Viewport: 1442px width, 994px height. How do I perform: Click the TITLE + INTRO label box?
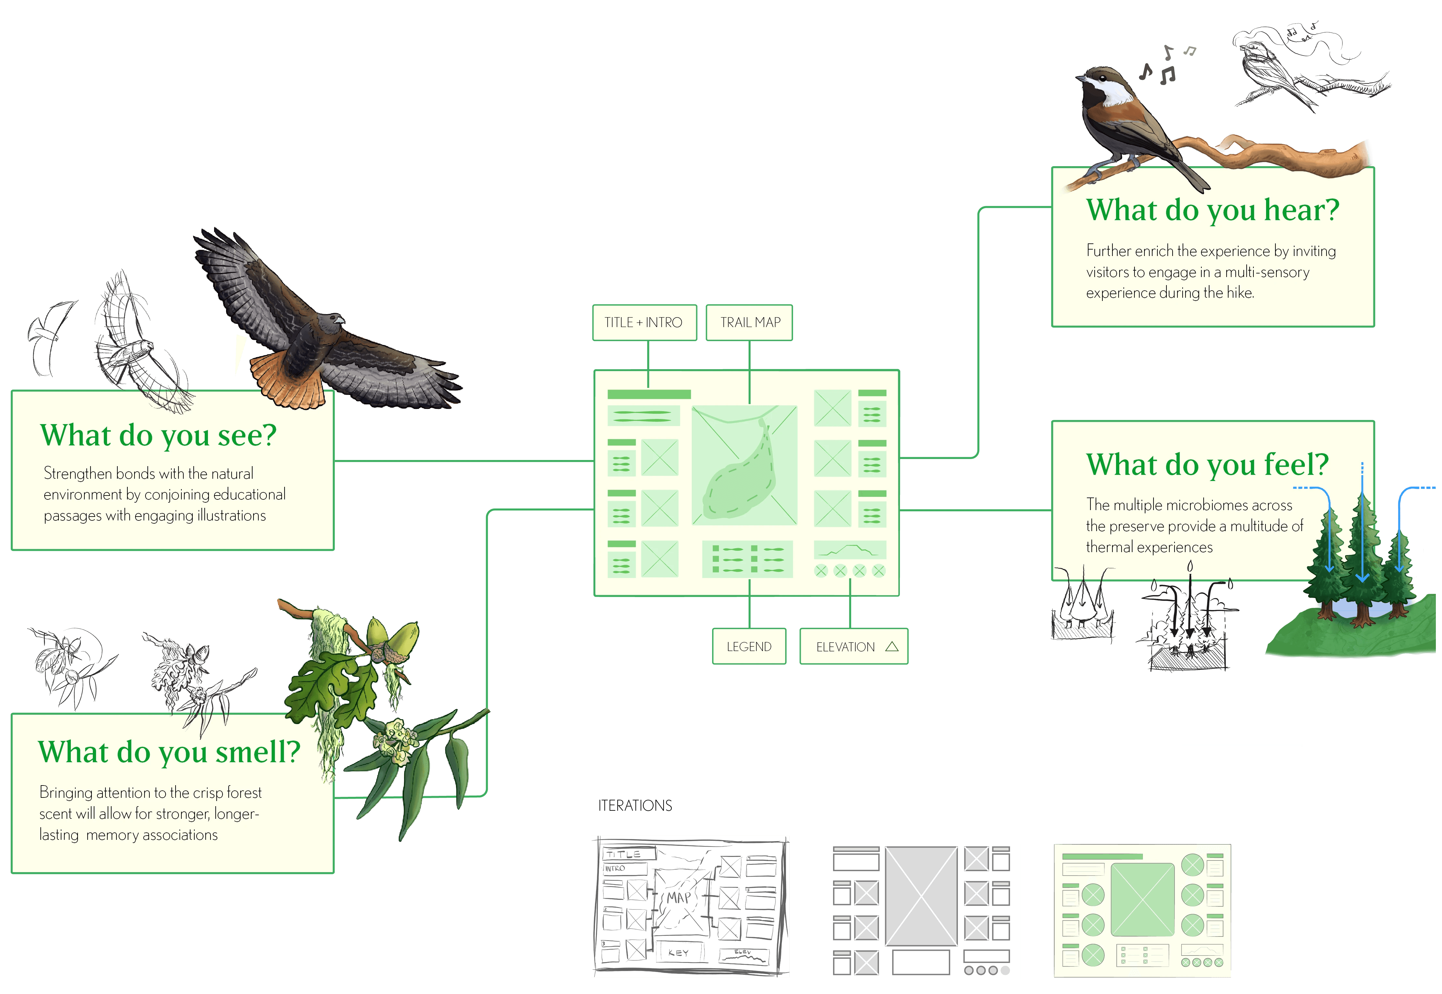[644, 323]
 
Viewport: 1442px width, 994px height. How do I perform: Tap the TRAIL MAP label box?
[749, 323]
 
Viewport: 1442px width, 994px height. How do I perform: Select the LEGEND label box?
[749, 647]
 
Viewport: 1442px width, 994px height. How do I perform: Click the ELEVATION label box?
[853, 647]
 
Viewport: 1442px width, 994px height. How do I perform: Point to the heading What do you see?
[158, 435]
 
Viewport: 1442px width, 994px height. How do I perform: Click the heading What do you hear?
[1212, 210]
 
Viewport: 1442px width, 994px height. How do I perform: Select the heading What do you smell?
[169, 752]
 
